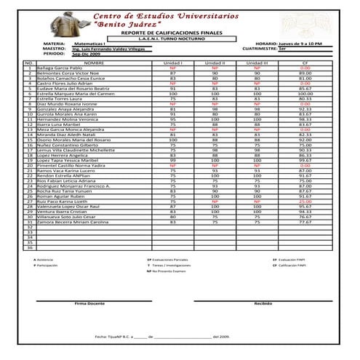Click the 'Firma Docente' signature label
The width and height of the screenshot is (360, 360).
(x=90, y=303)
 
